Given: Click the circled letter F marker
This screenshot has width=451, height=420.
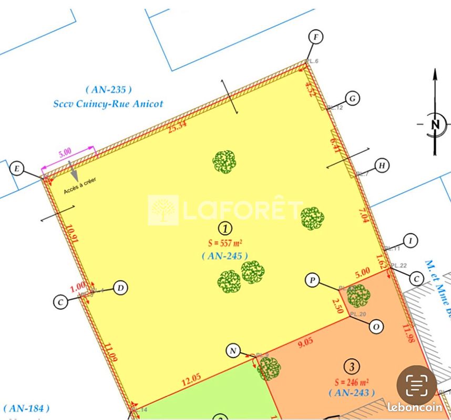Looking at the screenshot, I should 315,37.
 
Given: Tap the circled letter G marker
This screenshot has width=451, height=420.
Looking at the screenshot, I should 353,98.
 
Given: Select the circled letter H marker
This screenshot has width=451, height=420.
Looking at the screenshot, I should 383,166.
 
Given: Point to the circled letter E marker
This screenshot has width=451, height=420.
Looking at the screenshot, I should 17,169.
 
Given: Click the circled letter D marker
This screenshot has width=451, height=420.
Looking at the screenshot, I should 121,288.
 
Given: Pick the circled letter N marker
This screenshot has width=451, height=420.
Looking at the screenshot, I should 233,351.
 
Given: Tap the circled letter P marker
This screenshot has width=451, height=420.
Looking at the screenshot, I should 312,281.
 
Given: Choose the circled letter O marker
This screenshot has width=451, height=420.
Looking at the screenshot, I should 376,327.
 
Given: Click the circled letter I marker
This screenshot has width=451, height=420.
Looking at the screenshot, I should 412,241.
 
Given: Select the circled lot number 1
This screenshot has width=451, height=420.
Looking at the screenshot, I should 225,228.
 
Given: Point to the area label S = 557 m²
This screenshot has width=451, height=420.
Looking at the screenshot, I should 224,243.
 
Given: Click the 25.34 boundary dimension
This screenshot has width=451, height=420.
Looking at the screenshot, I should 177,125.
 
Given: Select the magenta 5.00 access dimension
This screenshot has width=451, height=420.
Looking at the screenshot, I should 65,153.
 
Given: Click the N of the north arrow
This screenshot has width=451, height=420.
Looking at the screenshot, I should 435,124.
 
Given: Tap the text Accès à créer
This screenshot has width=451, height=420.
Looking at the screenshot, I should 80,185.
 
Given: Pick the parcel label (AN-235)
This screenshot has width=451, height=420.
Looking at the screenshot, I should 108,90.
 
